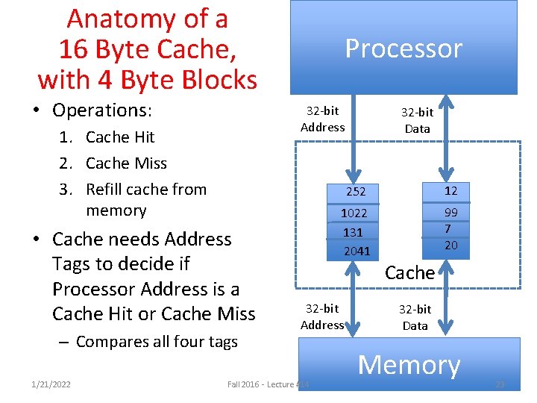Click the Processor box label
point(403,49)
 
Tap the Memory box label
point(409,365)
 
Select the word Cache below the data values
point(409,272)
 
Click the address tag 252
point(356,192)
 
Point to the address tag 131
point(353,232)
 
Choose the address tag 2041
point(357,252)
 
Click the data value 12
point(450,191)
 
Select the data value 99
point(450,213)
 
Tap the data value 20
point(451,245)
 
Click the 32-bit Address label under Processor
point(322,119)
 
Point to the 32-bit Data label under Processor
point(417,120)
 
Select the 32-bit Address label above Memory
point(322,316)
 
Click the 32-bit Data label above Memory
point(415,317)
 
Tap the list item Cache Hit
point(119,137)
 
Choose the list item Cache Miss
point(125,163)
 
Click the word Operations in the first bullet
point(101,110)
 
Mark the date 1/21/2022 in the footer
point(51,384)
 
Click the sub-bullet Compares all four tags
point(156,342)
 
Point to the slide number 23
point(500,384)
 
